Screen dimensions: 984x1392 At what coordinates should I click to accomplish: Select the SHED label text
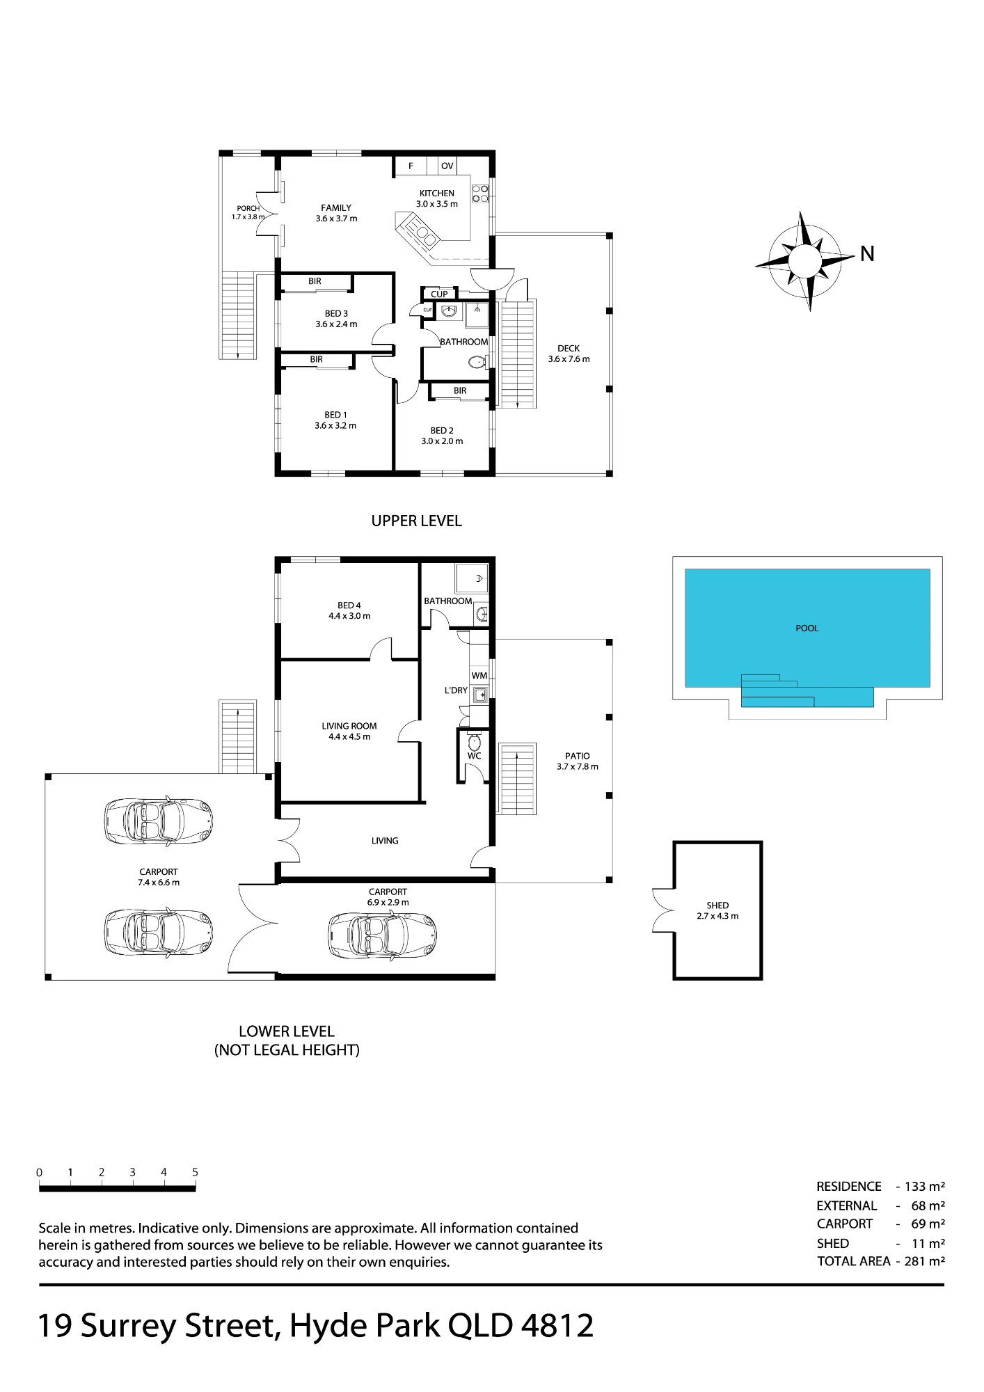[x=717, y=905]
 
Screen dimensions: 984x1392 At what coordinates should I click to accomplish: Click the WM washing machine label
[x=479, y=676]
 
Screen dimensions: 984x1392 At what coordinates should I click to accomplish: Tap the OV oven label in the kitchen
[x=447, y=166]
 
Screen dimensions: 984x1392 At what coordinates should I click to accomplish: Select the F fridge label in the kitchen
[x=411, y=166]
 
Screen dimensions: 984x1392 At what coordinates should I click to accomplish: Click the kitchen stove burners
[x=480, y=193]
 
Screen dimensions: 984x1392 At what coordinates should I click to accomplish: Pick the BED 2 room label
[x=442, y=431]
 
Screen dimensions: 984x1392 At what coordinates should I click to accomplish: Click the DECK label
[x=569, y=349]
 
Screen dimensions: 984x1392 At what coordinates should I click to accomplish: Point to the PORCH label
[x=248, y=208]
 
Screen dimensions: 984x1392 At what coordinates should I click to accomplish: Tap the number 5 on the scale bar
[x=195, y=1172]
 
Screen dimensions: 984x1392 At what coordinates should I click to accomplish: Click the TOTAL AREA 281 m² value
[x=925, y=1260]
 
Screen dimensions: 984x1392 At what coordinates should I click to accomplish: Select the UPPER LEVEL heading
[x=416, y=521]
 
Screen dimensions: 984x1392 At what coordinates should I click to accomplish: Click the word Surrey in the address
[x=131, y=1326]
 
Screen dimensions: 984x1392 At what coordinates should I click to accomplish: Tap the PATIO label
[x=578, y=756]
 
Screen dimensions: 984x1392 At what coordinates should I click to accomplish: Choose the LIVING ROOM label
[x=349, y=726]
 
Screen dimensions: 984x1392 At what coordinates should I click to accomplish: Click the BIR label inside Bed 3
[x=315, y=281]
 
